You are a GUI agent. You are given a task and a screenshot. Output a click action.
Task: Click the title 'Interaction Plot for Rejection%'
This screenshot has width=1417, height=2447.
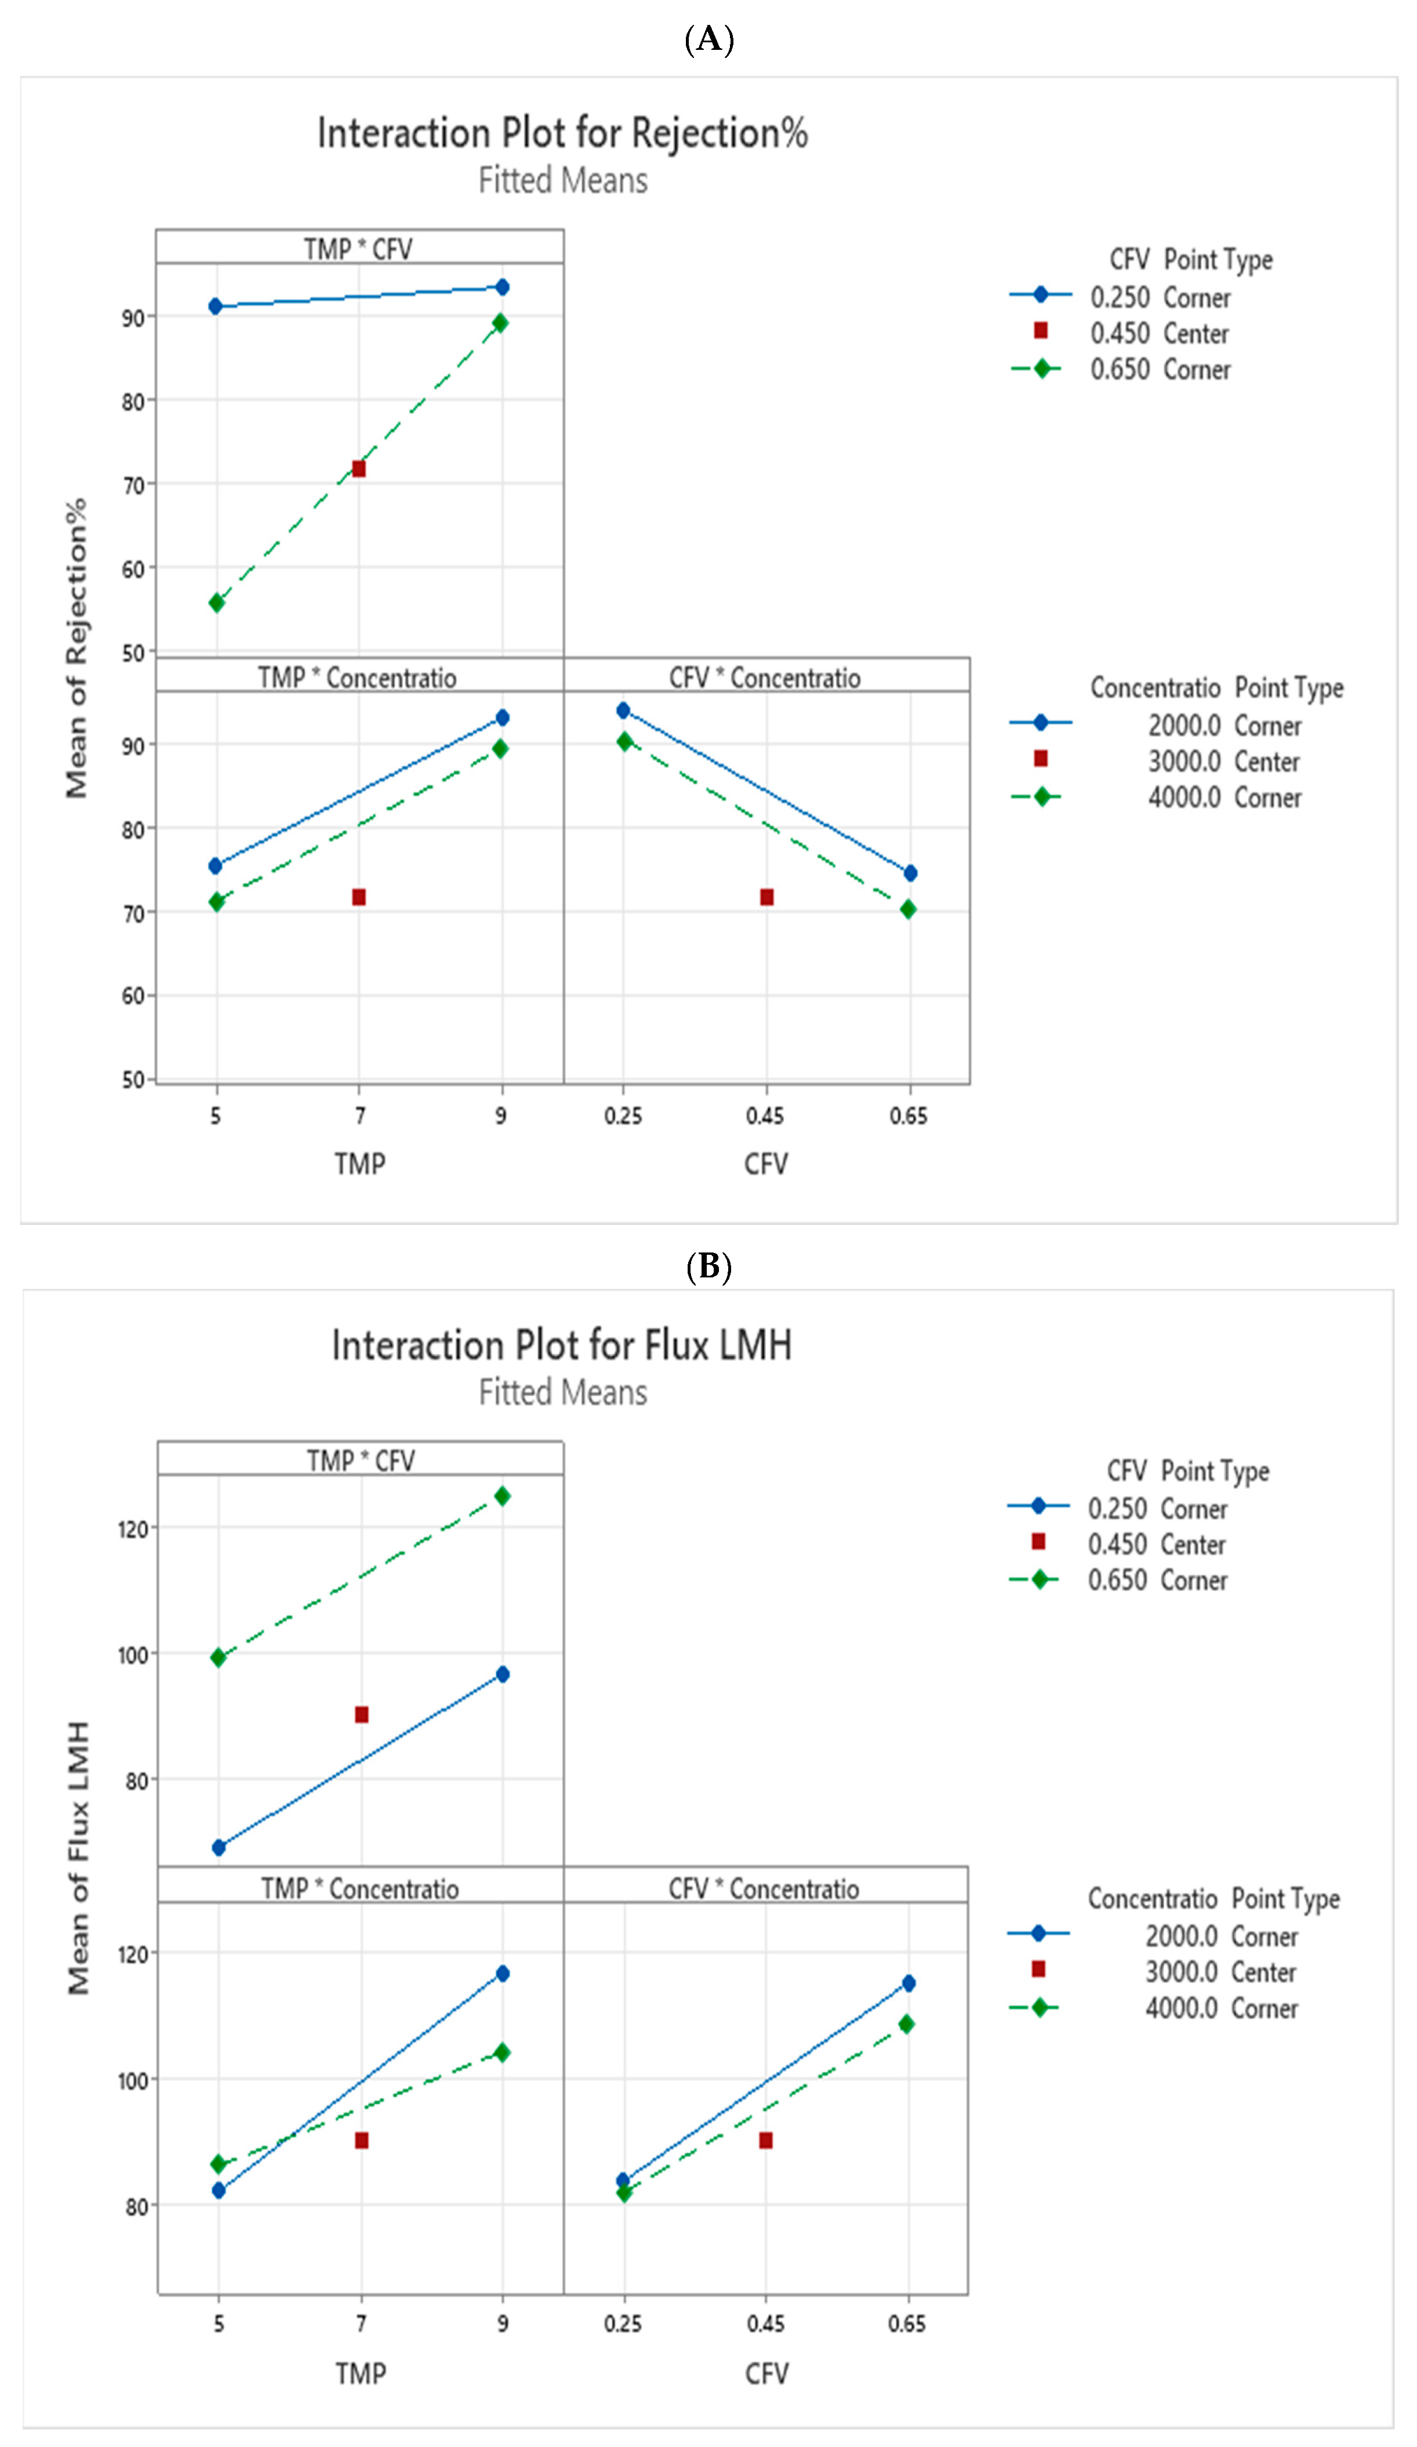562,134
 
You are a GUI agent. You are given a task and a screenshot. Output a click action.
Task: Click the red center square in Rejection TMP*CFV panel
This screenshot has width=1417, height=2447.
358,469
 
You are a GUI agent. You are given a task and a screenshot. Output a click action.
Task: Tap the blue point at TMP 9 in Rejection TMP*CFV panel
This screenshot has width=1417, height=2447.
502,287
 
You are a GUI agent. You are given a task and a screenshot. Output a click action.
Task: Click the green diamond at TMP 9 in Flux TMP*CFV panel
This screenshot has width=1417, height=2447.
502,1496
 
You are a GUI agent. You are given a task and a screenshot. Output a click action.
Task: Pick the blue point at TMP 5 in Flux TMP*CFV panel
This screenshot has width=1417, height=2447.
219,1848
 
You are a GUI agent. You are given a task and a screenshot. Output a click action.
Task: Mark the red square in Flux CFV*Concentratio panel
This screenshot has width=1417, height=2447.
765,2140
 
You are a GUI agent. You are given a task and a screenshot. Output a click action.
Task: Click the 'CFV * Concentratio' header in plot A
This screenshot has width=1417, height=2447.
765,678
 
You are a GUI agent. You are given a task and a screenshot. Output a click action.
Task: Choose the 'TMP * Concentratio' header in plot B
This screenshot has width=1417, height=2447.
359,1889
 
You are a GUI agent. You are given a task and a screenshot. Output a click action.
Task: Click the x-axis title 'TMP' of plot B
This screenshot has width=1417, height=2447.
360,2373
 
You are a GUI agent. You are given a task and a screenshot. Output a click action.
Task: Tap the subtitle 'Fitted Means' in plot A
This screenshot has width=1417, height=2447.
562,181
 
